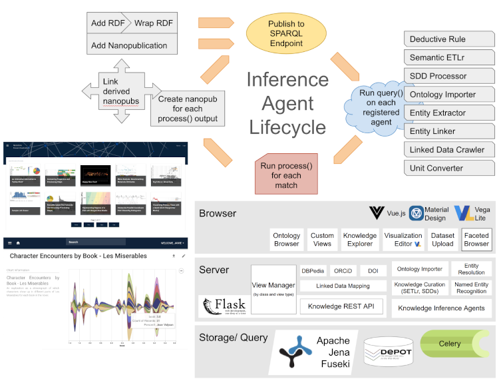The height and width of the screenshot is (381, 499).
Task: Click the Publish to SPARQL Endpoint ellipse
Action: (x=285, y=34)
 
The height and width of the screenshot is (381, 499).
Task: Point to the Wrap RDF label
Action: (x=153, y=23)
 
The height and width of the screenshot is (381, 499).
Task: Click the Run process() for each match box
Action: (x=286, y=174)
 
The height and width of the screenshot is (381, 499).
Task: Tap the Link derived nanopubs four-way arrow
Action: (x=120, y=91)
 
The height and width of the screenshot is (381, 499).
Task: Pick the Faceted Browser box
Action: (x=476, y=240)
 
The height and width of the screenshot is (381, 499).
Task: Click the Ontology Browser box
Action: (x=287, y=240)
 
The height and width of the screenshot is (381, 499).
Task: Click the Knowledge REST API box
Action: (x=341, y=306)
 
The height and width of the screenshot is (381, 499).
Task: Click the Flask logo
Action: (x=223, y=306)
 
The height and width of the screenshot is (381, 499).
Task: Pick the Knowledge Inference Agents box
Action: (x=442, y=308)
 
